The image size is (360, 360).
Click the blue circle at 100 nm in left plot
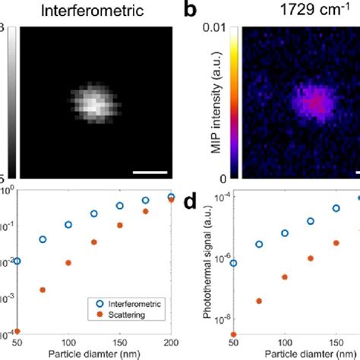tap(68, 225)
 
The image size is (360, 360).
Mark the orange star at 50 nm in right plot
tap(234, 333)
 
